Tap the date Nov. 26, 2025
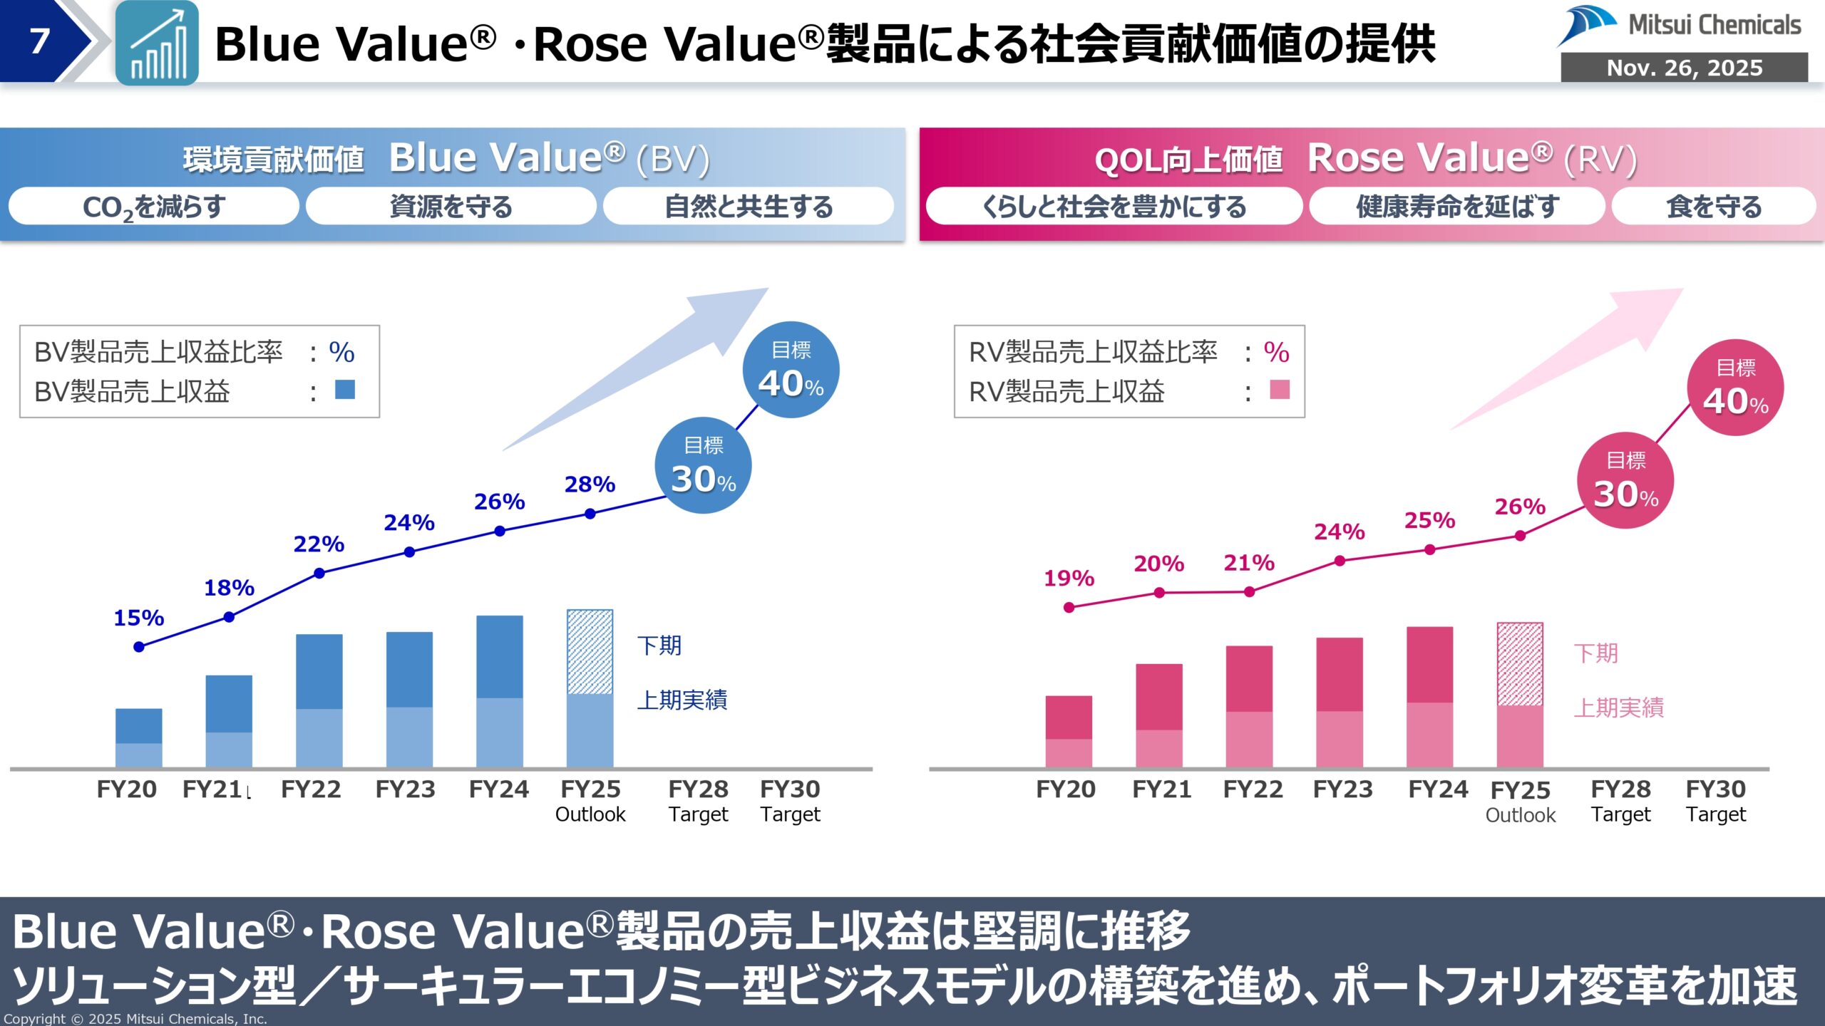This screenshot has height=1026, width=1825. [1684, 68]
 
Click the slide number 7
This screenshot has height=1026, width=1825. [39, 41]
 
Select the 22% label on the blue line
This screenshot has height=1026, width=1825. [319, 544]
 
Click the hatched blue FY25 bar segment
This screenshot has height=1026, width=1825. [590, 651]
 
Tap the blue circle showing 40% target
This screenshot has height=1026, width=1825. [791, 370]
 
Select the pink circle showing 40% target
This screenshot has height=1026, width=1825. [1735, 388]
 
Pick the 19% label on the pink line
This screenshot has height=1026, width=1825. [1069, 578]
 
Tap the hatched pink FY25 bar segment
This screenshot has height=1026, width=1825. [1520, 664]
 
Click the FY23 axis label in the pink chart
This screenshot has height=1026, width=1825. [1342, 789]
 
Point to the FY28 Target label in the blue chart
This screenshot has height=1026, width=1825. [698, 801]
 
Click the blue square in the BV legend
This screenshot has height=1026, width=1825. [345, 390]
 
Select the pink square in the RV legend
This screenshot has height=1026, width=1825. [1280, 390]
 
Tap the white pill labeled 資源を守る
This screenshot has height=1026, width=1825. [451, 207]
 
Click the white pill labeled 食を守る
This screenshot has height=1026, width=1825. [1713, 207]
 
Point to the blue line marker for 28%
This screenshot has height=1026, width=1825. [590, 514]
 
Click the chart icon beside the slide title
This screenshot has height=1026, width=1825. [157, 43]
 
